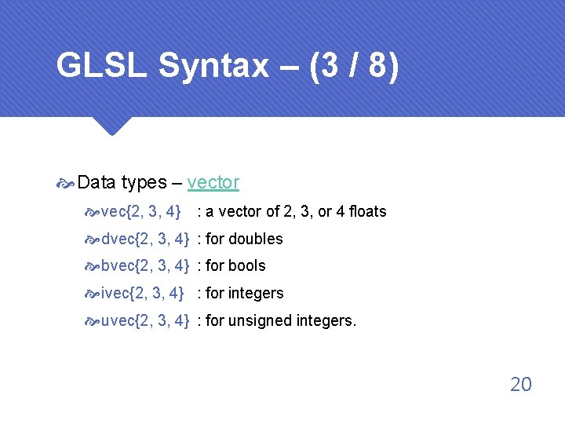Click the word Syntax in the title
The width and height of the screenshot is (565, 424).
[213, 67]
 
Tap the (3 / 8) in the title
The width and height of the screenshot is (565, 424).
[355, 67]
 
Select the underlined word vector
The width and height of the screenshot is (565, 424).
[213, 183]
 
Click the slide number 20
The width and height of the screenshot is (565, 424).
[521, 384]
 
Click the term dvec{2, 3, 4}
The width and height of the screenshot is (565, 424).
[145, 239]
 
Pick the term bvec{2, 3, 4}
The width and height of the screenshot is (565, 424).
[145, 266]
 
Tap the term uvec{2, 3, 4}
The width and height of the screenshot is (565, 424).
[145, 320]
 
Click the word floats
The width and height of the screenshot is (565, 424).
[368, 211]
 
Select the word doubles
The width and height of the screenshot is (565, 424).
[256, 239]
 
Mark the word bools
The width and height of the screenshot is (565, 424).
[247, 266]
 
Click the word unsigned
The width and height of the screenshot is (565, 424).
[261, 320]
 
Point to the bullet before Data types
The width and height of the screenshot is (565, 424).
[66, 184]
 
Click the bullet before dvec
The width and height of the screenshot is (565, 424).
[93, 239]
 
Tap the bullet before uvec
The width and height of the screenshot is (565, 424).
[93, 321]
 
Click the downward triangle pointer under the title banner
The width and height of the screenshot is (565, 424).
[110, 126]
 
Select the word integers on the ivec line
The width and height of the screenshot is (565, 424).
[256, 294]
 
